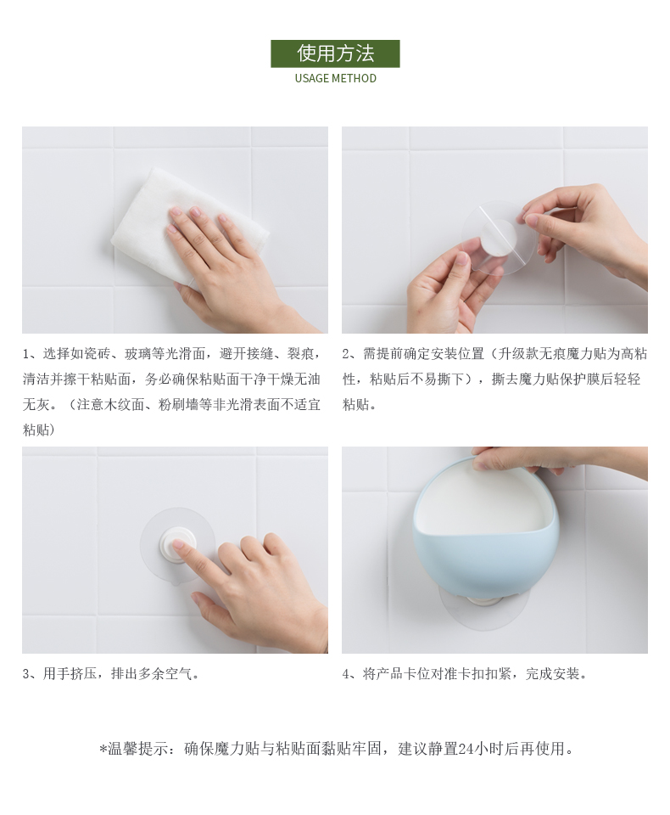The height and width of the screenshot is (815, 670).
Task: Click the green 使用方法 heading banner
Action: (x=335, y=53)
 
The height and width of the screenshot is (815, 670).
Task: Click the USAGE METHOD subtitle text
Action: (x=336, y=78)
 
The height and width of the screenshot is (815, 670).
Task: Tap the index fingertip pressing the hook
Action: (x=177, y=544)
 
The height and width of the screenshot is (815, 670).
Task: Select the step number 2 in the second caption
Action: (x=346, y=355)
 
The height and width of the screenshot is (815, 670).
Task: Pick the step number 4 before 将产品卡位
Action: (x=346, y=675)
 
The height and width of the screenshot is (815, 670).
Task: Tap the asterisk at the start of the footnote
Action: (x=103, y=750)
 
